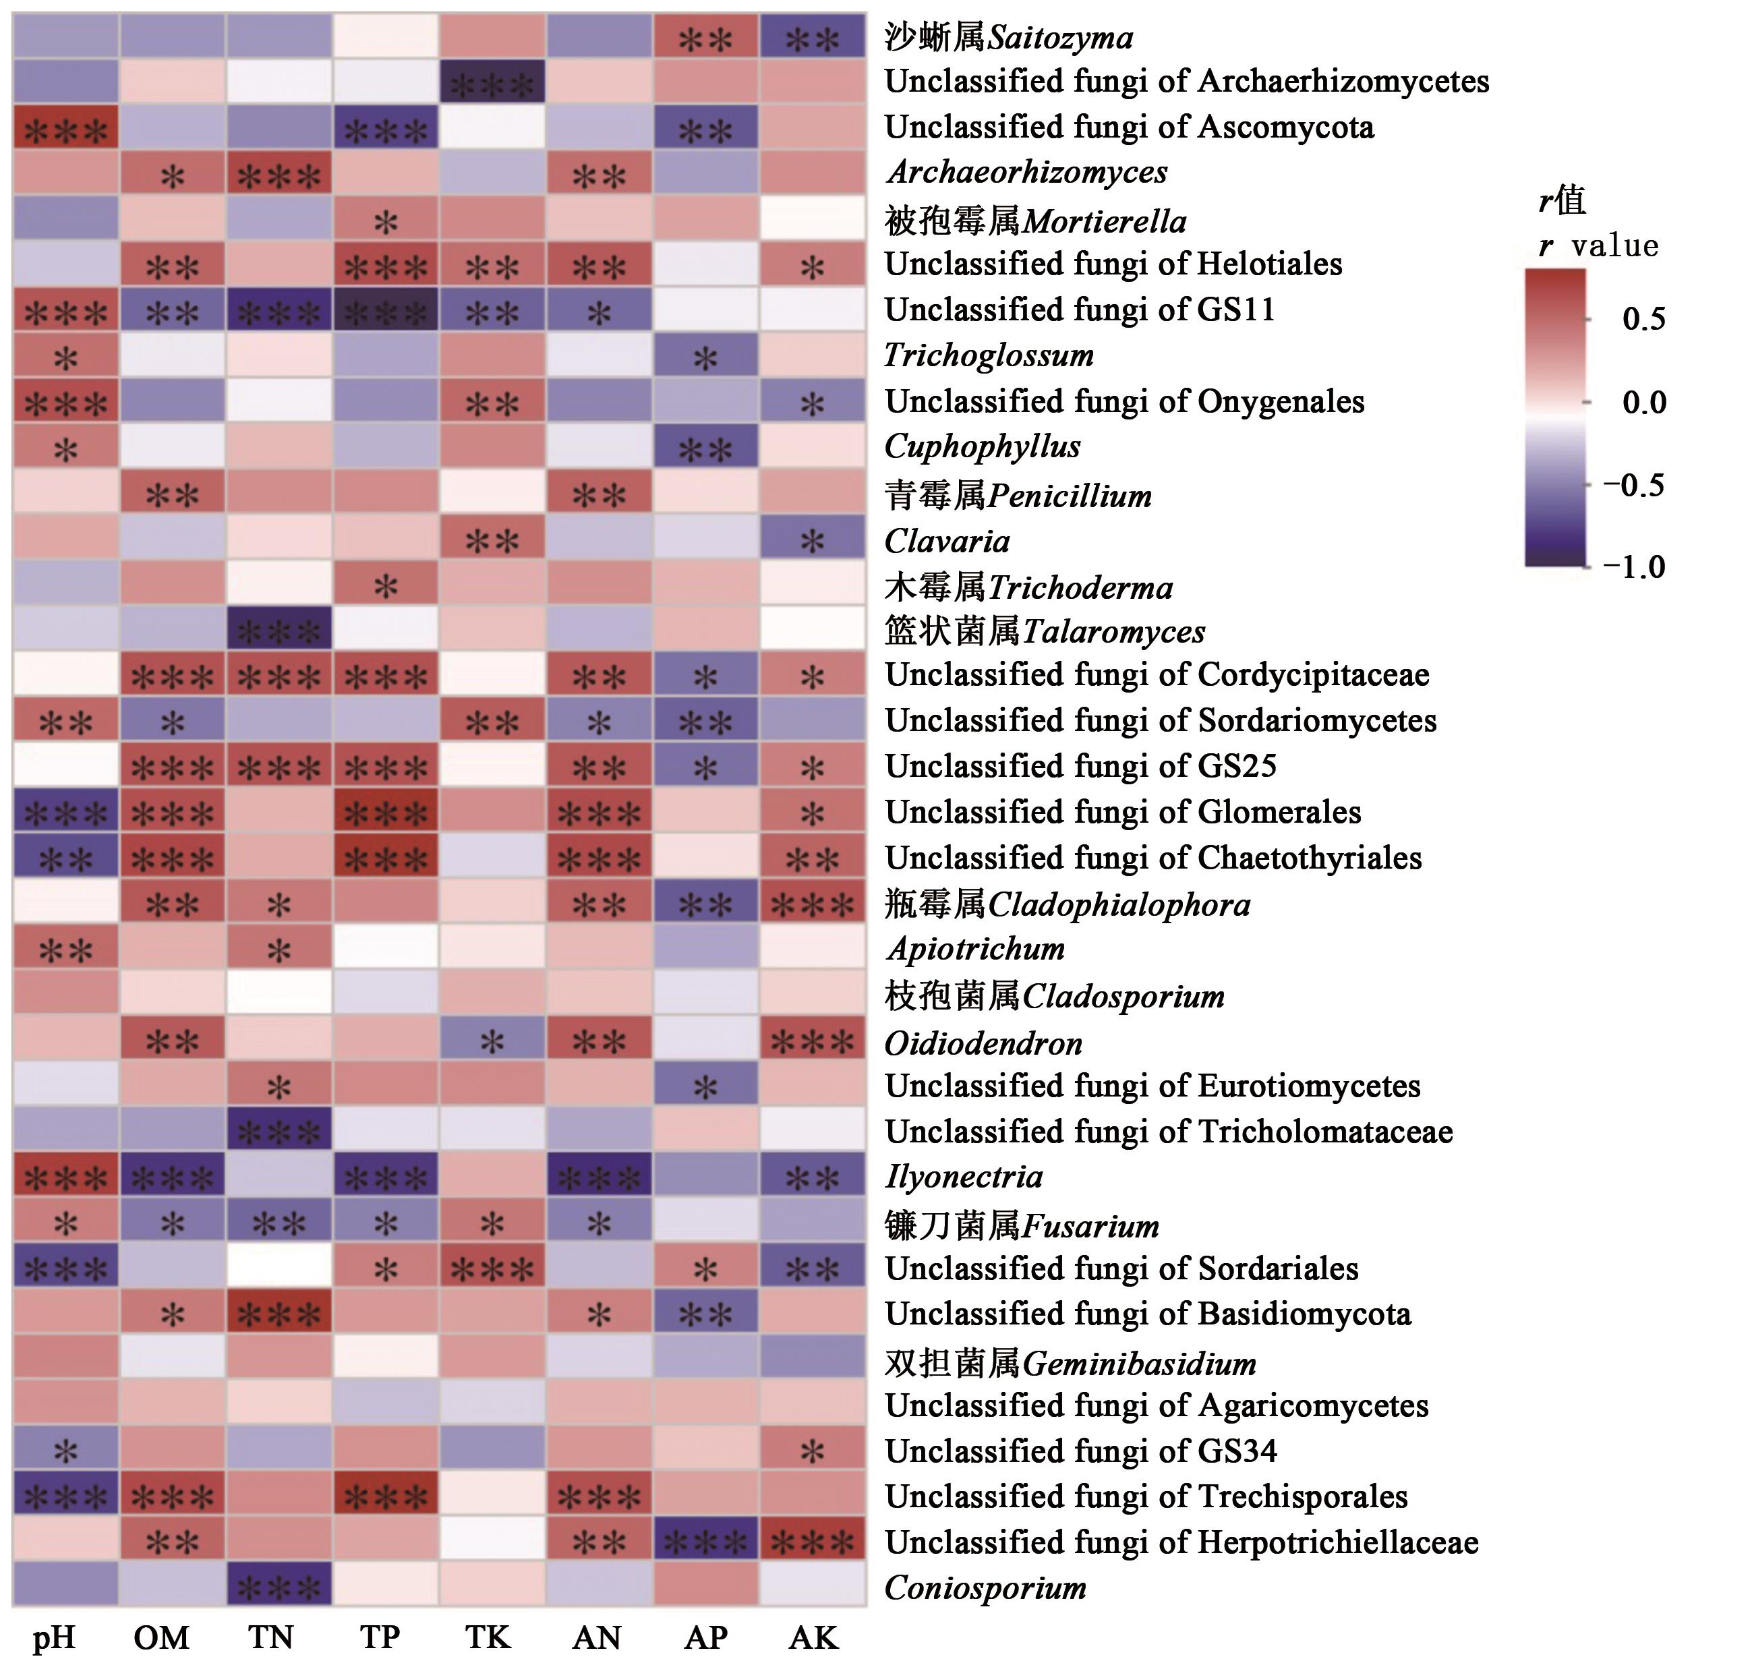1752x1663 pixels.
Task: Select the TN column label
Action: (270, 1637)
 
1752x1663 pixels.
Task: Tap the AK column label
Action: (813, 1637)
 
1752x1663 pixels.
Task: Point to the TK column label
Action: (488, 1637)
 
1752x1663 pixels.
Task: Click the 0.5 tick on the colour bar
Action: (1643, 319)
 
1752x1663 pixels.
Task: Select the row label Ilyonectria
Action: (964, 1177)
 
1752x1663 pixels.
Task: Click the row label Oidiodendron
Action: (983, 1043)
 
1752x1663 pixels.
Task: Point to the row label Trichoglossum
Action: (989, 355)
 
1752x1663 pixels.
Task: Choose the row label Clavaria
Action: (947, 541)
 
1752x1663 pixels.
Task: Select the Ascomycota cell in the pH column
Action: (65, 129)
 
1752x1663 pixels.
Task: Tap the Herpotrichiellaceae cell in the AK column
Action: (813, 1542)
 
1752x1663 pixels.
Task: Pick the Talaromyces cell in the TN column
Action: (279, 631)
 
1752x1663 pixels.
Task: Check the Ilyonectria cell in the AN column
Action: (600, 1177)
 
